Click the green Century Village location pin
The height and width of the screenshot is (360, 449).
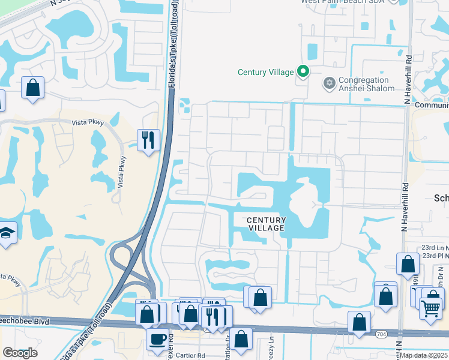(x=303, y=72)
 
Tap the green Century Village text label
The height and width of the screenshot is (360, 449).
(x=266, y=73)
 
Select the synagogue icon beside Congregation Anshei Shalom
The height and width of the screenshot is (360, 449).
(x=328, y=83)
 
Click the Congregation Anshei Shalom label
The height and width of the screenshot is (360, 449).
(x=367, y=84)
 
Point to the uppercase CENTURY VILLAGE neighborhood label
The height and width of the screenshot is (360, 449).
(x=267, y=224)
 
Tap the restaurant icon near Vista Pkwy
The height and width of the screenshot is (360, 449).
(x=148, y=140)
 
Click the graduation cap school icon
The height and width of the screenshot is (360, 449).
(x=6, y=232)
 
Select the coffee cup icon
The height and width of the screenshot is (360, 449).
(x=158, y=338)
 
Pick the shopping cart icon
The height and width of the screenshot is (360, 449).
(x=430, y=309)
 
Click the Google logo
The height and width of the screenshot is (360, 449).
(x=20, y=353)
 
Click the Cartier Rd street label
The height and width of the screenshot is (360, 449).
(x=188, y=355)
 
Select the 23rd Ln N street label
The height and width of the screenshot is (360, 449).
(x=435, y=247)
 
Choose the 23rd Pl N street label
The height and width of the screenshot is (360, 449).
(x=435, y=256)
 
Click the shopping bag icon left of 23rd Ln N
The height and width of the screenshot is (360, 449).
(x=408, y=263)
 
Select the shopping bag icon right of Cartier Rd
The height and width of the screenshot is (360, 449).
(x=241, y=339)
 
